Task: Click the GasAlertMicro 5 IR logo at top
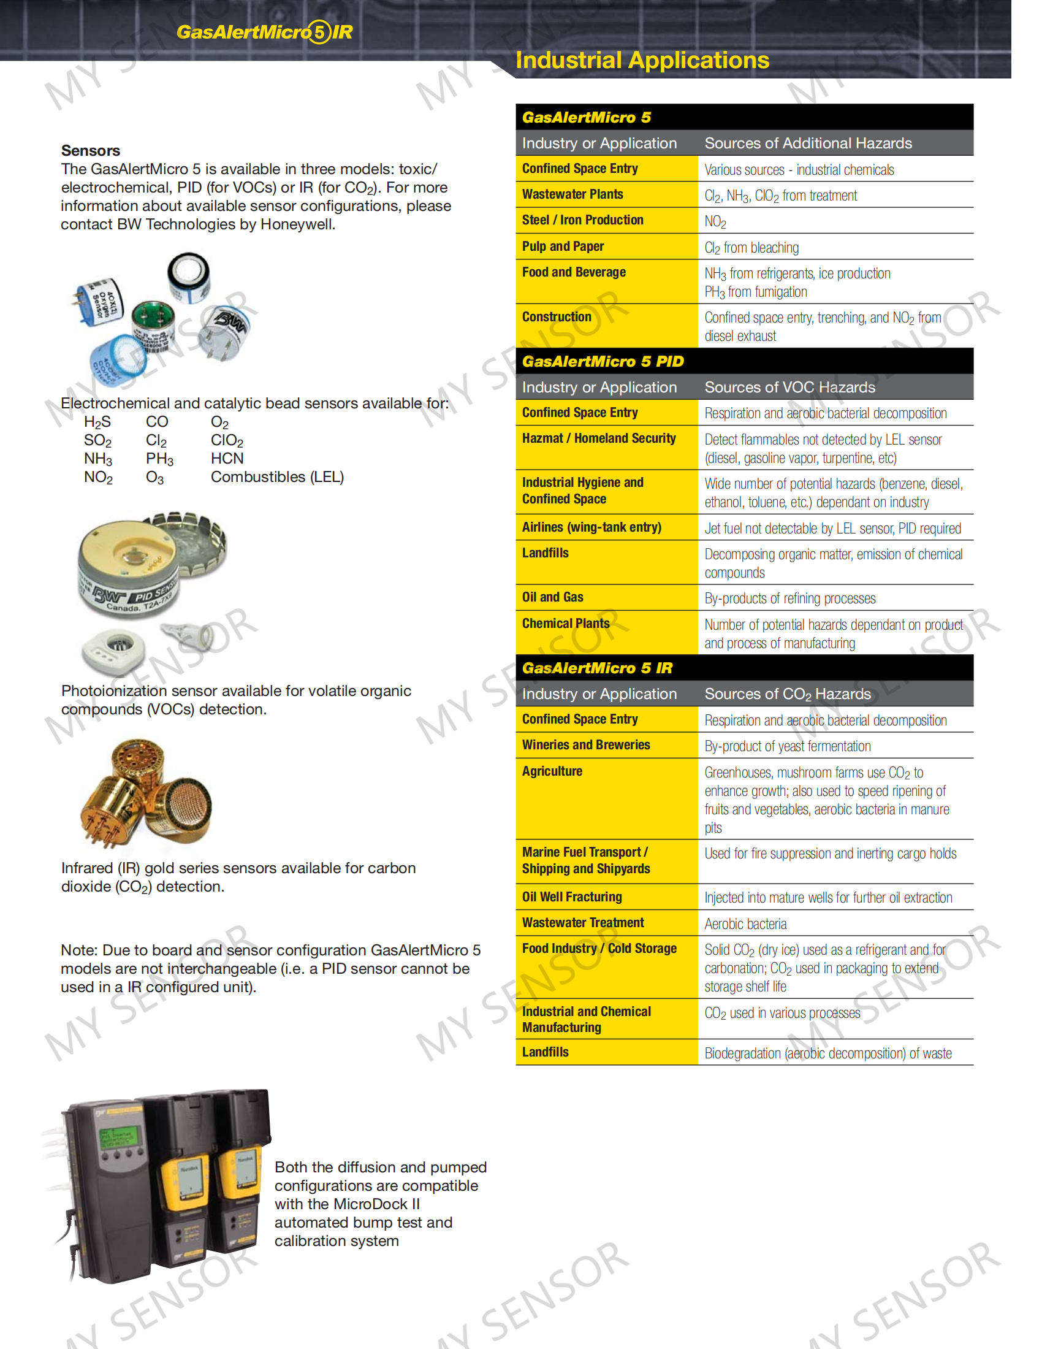[x=265, y=31]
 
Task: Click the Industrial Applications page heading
[x=642, y=60]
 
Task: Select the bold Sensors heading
[x=91, y=150]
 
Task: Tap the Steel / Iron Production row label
[x=582, y=220]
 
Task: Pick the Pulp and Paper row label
[x=562, y=246]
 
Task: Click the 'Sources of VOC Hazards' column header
[x=789, y=388]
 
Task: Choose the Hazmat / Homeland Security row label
[x=599, y=438]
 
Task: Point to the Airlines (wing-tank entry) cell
[x=591, y=527]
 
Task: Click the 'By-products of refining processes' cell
[x=789, y=598]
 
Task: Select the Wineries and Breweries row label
[x=586, y=745]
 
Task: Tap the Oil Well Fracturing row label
[x=572, y=896]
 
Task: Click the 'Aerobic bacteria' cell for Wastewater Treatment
[x=745, y=923]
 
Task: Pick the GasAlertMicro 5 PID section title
[x=603, y=361]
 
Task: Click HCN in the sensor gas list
[x=227, y=458]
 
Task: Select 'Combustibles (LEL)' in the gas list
[x=277, y=477]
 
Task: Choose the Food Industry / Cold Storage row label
[x=599, y=948]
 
